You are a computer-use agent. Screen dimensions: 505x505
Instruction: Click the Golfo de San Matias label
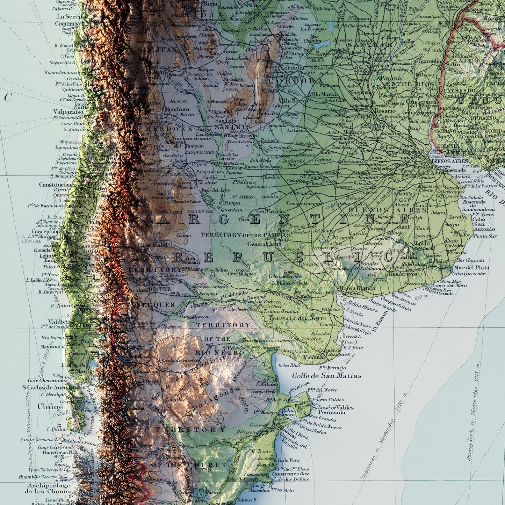[x=327, y=376]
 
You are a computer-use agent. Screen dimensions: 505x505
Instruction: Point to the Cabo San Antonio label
[x=484, y=224]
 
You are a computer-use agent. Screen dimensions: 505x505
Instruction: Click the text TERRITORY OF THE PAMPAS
[x=245, y=235]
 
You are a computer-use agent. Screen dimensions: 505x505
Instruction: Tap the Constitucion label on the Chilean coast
[x=55, y=185]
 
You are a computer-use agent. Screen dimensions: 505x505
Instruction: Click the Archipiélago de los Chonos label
[x=48, y=488]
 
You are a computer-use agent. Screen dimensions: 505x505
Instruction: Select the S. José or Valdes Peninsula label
[x=333, y=410]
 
